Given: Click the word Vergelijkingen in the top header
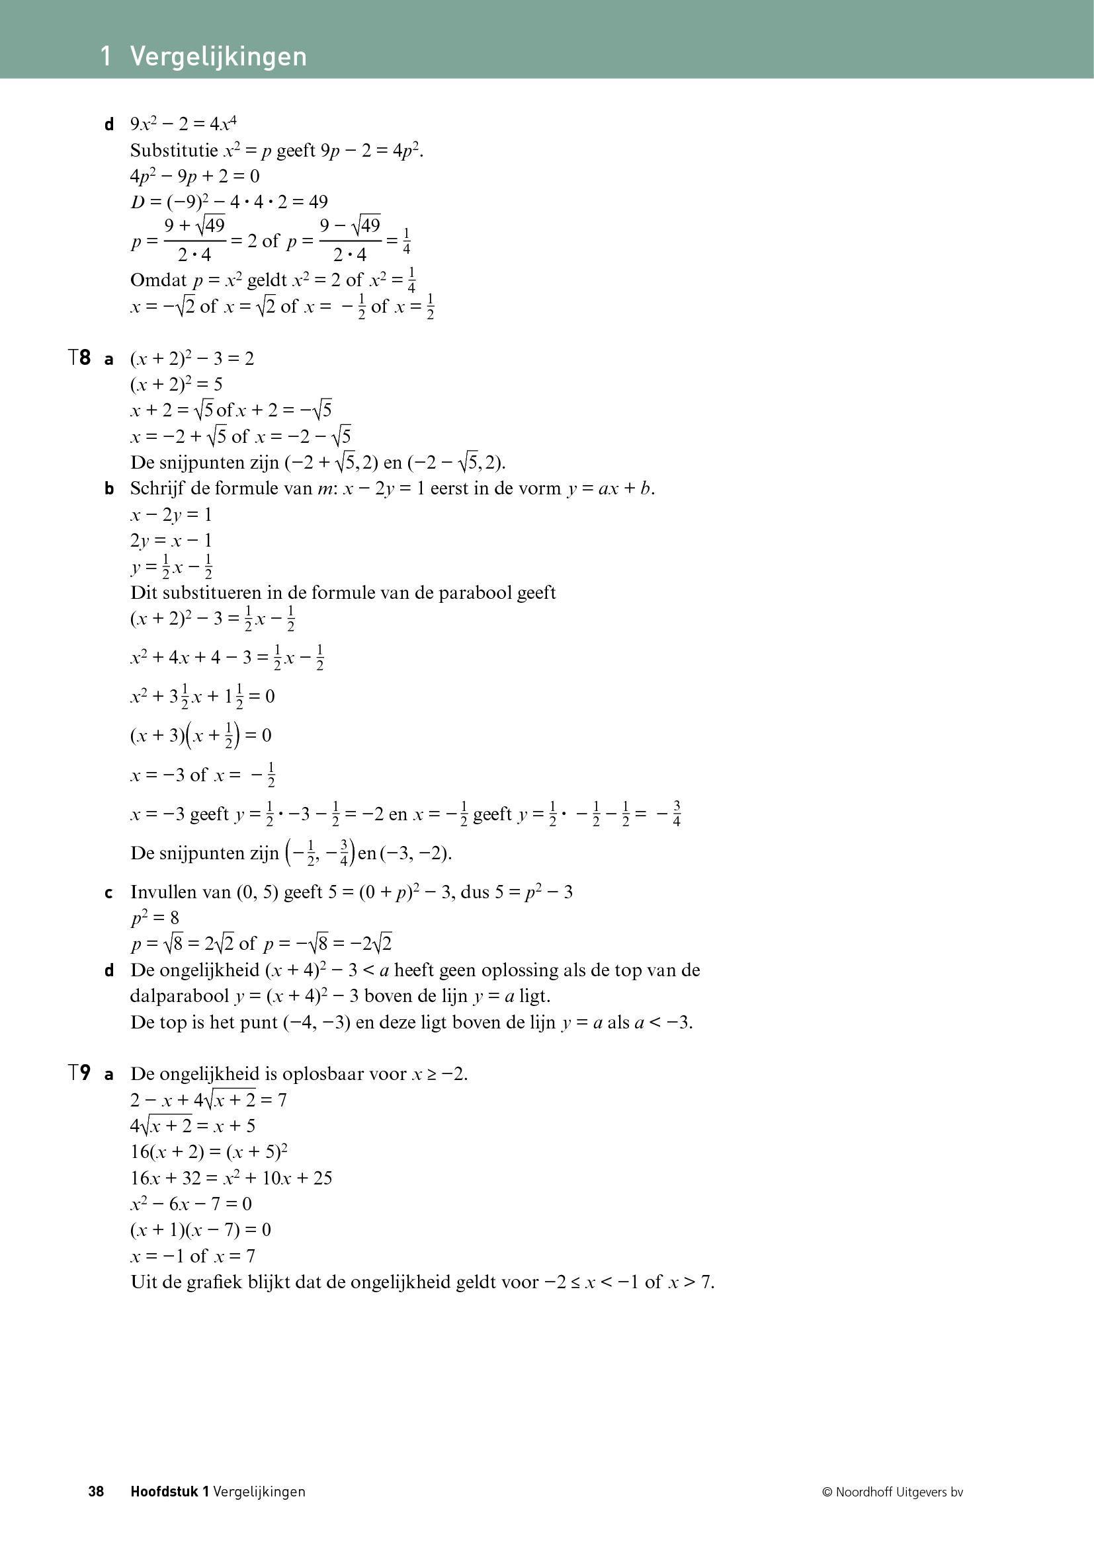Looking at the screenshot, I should tap(218, 57).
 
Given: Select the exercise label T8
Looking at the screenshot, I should tap(79, 358).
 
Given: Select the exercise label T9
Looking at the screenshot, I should tap(79, 1073).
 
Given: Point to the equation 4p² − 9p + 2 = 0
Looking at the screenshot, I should tap(194, 176).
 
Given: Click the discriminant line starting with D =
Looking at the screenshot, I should tap(229, 202).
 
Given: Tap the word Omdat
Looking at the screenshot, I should tap(158, 280).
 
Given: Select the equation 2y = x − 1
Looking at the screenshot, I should tap(171, 541).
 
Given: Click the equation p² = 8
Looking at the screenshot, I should tap(155, 919).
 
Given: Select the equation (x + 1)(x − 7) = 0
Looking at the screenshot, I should tap(201, 1230).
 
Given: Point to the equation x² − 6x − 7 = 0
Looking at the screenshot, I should tap(191, 1204).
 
